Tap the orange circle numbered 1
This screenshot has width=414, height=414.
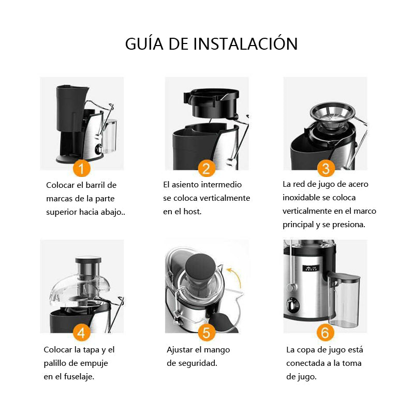pos(82,168)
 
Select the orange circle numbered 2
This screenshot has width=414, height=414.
pos(206,168)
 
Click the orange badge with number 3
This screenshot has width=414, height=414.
pos(326,168)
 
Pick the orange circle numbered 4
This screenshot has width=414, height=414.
pos(82,332)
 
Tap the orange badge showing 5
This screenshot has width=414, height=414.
pos(206,332)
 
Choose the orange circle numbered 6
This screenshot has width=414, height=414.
pos(326,332)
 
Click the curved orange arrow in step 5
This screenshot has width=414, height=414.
pos(237,275)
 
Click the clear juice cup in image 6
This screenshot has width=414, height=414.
pos(344,300)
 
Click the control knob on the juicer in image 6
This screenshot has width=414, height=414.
pos(292,305)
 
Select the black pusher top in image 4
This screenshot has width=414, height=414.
pos(88,260)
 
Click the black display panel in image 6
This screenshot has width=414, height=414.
pos(311,268)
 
